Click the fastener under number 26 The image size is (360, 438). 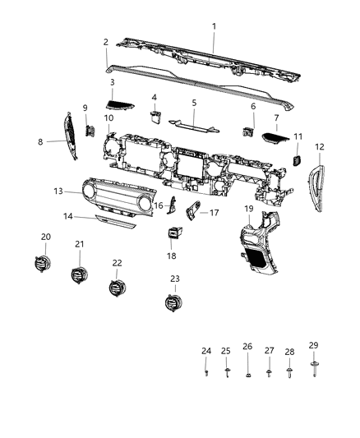tap(247, 376)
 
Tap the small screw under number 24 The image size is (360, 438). tap(206, 373)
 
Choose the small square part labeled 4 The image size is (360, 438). tap(155, 115)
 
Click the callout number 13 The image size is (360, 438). tap(58, 191)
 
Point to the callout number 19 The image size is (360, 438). tap(247, 209)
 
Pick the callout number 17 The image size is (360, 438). tap(214, 213)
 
